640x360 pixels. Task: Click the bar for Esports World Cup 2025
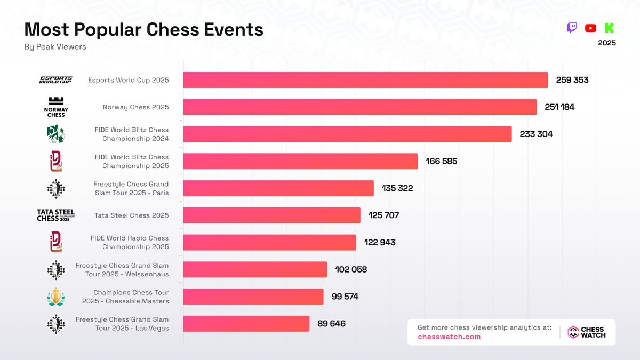tap(365, 80)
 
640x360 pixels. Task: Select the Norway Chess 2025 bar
tap(359, 107)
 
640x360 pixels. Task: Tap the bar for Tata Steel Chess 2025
tap(271, 215)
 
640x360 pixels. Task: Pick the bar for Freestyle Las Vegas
tap(246, 324)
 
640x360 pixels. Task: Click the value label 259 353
tap(572, 80)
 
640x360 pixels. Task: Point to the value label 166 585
tap(441, 161)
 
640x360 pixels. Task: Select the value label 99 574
tap(345, 297)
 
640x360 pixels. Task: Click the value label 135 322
tap(397, 188)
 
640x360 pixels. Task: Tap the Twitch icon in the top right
tap(572, 28)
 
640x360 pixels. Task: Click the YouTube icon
tap(590, 28)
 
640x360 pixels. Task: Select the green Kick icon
tap(609, 28)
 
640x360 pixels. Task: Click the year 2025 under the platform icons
tap(607, 43)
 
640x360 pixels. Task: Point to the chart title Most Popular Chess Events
tap(144, 29)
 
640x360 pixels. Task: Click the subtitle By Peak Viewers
tap(55, 47)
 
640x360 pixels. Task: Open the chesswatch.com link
tap(449, 337)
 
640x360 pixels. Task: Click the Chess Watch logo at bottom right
tap(586, 332)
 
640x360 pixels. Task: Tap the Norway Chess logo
tap(56, 107)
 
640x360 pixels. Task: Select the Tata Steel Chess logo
tap(56, 215)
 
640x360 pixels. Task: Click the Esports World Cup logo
tap(56, 80)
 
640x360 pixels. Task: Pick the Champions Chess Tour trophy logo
tap(56, 297)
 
